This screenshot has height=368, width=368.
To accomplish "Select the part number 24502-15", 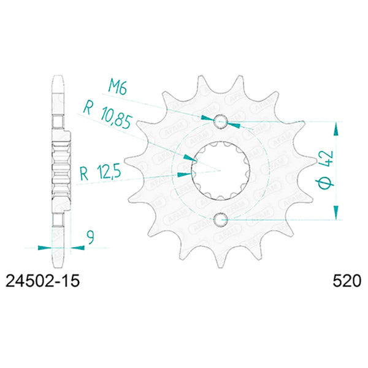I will (x=42, y=283).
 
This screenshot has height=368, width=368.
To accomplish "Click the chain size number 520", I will (x=345, y=283).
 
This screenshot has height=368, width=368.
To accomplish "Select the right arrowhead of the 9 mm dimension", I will (x=77, y=247).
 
